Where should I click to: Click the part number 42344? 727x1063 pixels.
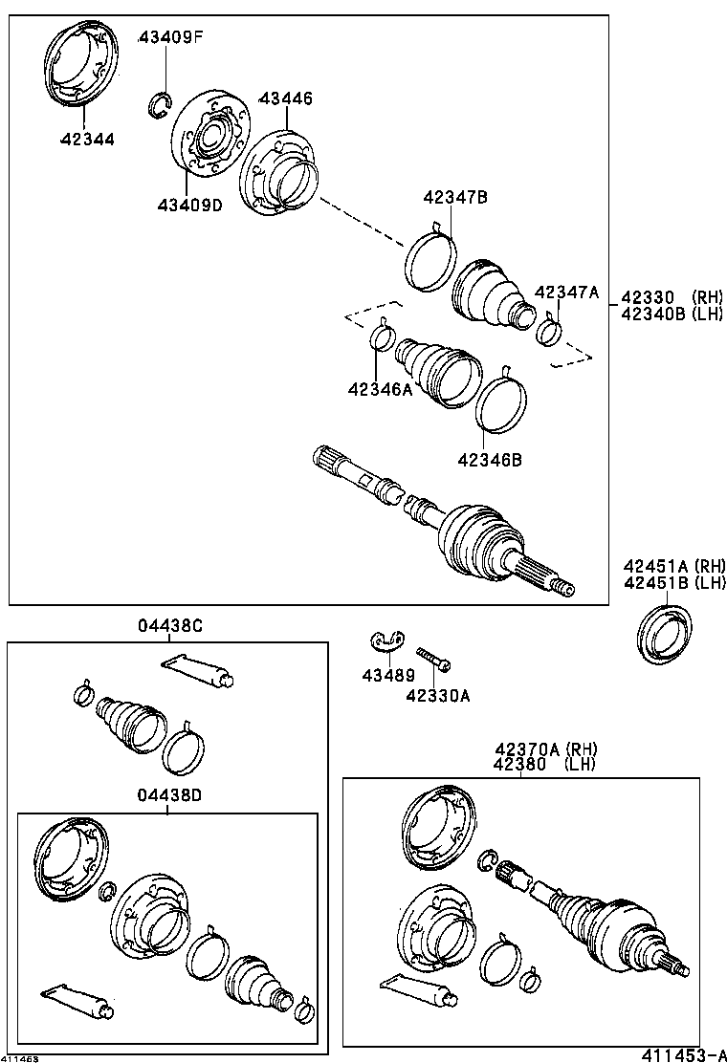pos(86,139)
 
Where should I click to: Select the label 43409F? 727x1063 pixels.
pos(171,38)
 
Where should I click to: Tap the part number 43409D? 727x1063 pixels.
pos(190,205)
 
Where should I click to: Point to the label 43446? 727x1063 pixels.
pos(286,98)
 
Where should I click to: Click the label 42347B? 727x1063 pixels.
pos(456,198)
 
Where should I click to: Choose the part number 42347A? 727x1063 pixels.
pos(566,293)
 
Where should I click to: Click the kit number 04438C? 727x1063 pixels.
pos(169,626)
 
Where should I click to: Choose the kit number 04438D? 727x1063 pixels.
pos(169,795)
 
